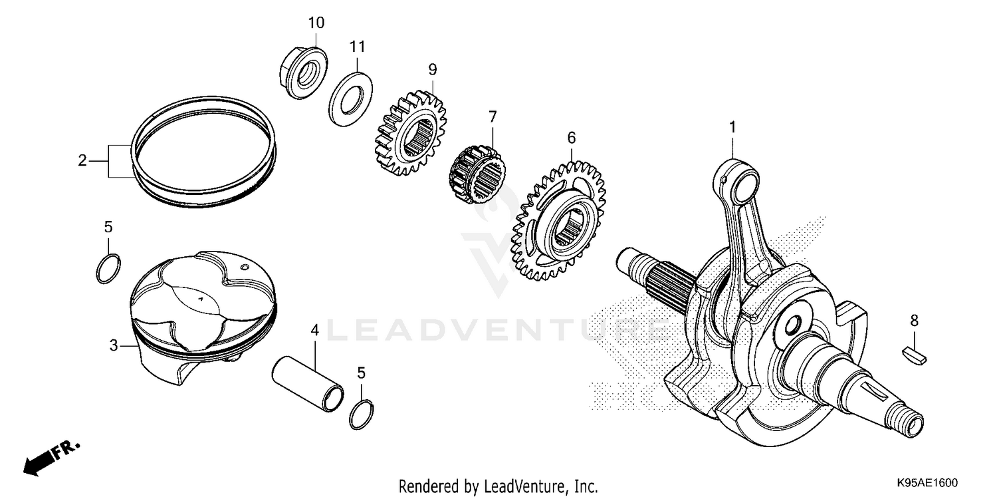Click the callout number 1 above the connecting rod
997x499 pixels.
point(733,126)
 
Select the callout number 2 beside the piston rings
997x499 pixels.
point(82,160)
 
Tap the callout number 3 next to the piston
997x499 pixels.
point(114,345)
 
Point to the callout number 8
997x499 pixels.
point(914,321)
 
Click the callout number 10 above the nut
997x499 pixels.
point(316,23)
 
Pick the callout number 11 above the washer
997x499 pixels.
point(358,47)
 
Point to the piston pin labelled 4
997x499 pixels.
point(307,382)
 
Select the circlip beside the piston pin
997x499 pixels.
point(361,414)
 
